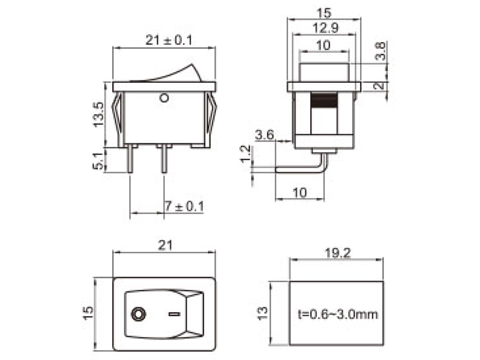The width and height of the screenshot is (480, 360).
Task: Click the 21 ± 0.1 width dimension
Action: click(169, 40)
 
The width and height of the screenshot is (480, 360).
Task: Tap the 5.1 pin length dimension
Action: click(99, 160)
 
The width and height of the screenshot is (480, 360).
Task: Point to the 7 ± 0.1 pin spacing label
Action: click(184, 206)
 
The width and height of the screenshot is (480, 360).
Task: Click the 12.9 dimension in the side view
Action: click(325, 27)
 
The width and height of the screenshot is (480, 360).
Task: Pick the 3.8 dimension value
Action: click(380, 52)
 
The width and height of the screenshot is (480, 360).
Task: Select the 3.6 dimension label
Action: click(264, 135)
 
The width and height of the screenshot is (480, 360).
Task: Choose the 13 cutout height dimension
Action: click(262, 313)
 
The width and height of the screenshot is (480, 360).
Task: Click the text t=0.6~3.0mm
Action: click(338, 314)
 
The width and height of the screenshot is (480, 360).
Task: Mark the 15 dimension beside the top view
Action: click(88, 313)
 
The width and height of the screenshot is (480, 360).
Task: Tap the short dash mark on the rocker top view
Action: click(174, 313)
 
